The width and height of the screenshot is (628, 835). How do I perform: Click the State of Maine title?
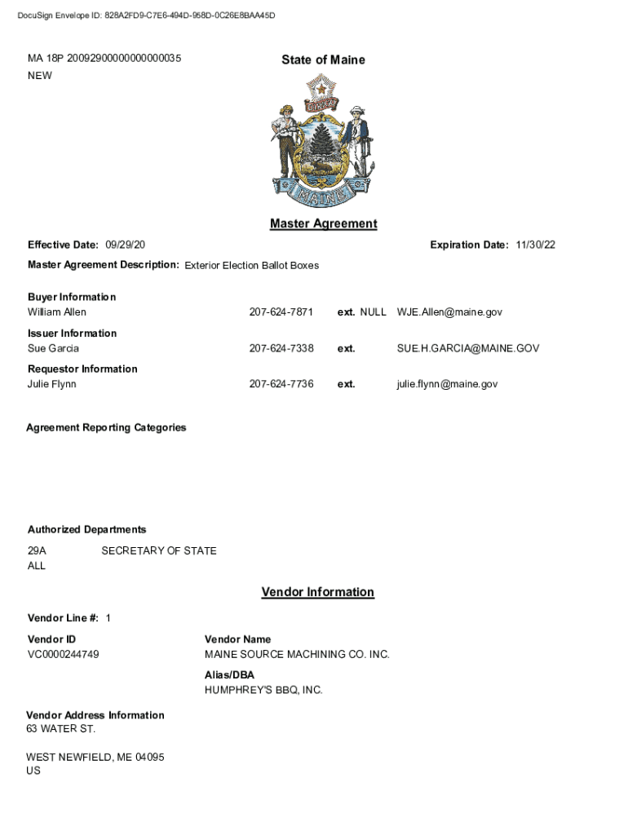coord(323,60)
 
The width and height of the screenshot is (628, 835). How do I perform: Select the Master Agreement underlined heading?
coord(323,223)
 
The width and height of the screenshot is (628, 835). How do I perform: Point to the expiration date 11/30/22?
coord(535,245)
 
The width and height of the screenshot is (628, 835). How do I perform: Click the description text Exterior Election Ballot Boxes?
coord(251,265)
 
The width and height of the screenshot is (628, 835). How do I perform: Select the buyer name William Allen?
coord(57,312)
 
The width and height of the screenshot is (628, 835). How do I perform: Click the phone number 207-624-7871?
coord(281,312)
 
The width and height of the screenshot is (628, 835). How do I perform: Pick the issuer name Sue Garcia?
coord(54,348)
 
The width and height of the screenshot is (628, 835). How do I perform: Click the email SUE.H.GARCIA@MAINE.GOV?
coord(468,348)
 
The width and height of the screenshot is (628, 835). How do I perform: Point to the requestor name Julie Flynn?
coord(52,384)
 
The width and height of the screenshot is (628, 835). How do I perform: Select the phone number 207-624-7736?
coord(281,384)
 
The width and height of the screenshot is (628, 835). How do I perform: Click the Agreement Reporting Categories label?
coord(106,427)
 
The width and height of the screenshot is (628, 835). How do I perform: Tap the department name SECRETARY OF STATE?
coord(159,550)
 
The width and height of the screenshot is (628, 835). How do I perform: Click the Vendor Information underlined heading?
coord(317,592)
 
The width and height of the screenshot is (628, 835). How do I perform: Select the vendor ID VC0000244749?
coord(64,654)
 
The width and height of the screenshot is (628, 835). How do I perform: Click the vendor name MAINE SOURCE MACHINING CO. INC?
coord(297,654)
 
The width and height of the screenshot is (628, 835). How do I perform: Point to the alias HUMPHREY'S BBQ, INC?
coord(263,690)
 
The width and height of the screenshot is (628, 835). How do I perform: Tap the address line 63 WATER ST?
coord(60,728)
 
